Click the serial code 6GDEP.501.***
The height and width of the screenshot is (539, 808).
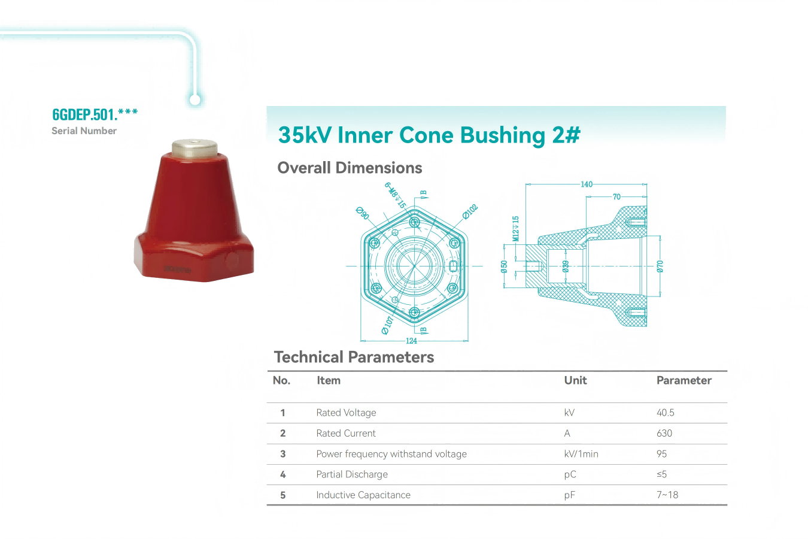click(x=95, y=114)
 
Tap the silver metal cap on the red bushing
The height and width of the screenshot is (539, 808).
click(x=195, y=148)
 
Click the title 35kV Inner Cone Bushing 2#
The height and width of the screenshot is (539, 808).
click(x=429, y=135)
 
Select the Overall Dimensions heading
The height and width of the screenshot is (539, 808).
click(x=350, y=168)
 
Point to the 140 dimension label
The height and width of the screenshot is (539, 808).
click(x=587, y=184)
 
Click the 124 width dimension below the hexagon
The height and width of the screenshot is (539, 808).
click(x=411, y=341)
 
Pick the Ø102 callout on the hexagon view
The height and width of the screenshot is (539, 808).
click(x=470, y=212)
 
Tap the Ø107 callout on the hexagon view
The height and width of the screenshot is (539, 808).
click(x=387, y=326)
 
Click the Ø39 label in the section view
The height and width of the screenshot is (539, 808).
click(x=566, y=266)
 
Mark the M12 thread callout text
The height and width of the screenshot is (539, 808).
click(x=515, y=229)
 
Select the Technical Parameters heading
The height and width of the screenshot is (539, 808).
click(x=354, y=357)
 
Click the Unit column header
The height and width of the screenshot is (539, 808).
click(x=575, y=380)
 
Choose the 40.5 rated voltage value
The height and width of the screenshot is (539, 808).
click(x=665, y=412)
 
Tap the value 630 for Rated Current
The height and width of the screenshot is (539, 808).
click(x=664, y=433)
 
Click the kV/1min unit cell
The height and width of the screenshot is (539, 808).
click(x=581, y=454)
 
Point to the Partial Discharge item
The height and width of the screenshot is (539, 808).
click(x=352, y=474)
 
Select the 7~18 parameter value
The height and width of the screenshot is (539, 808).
click(x=667, y=495)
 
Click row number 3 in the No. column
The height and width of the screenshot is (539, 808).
click(x=283, y=454)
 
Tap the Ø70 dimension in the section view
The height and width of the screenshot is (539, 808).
click(x=660, y=266)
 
